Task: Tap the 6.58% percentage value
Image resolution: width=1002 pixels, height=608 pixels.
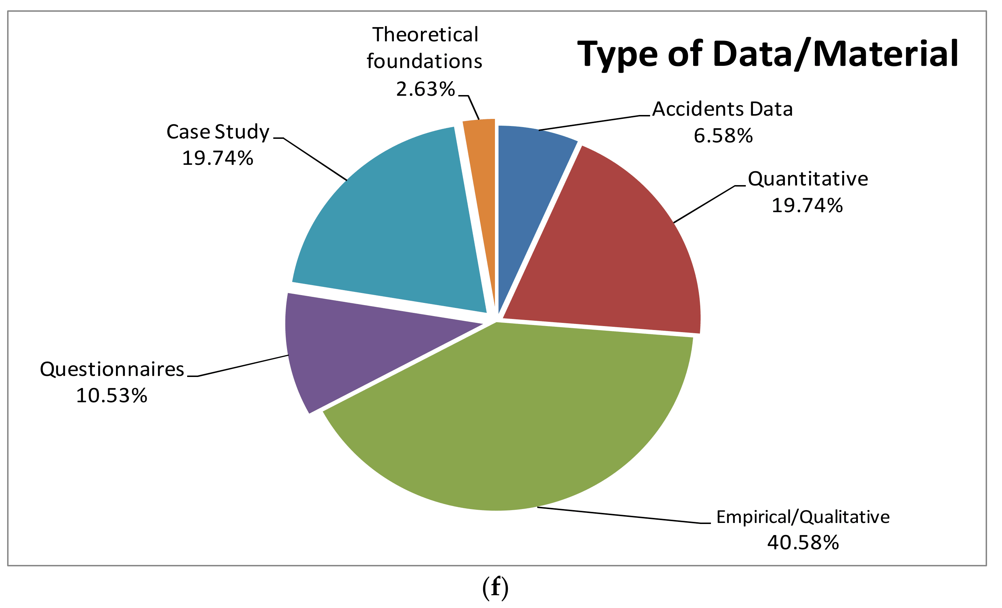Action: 723,136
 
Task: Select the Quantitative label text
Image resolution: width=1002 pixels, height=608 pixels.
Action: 808,179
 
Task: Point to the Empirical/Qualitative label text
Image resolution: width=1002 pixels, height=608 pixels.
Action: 803,517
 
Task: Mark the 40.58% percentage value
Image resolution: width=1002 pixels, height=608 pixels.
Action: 803,543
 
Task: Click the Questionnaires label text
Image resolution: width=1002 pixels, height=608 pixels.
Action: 112,369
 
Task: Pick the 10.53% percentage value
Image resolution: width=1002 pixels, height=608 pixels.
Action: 112,395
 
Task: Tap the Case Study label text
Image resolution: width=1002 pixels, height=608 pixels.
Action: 218,132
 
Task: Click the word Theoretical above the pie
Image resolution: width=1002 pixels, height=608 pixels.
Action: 425,35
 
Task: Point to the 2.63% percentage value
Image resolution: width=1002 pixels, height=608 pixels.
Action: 425,89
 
